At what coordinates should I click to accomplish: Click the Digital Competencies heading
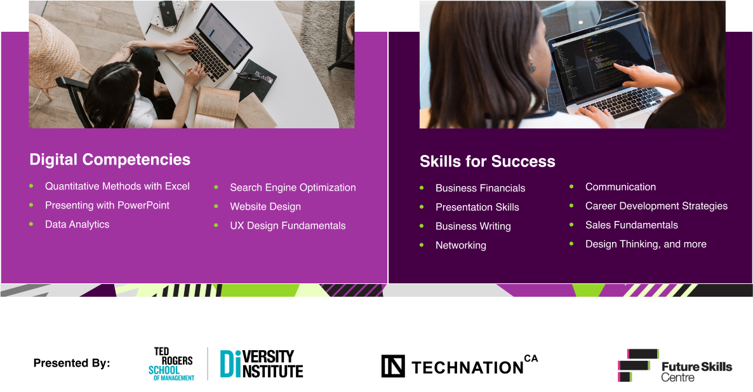point(110,159)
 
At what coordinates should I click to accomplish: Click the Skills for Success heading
point(487,161)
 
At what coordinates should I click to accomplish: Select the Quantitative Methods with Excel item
point(117,186)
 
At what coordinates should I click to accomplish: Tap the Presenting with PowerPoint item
point(107,205)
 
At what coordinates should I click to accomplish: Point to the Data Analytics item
point(77,224)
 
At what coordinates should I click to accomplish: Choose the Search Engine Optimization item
point(293,187)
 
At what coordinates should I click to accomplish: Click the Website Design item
point(265,206)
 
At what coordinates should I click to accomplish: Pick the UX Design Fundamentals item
point(288,226)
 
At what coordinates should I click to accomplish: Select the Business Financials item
point(480,188)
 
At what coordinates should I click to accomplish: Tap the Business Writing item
point(473,226)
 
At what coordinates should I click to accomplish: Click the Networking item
point(460,245)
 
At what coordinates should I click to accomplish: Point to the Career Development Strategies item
point(656,206)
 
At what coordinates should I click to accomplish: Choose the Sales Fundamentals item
point(631,225)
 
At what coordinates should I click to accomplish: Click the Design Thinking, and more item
point(646,244)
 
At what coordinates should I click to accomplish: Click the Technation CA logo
point(460,366)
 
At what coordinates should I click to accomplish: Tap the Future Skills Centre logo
point(674,366)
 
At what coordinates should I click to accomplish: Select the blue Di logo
point(230,363)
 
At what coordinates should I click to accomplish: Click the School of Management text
point(170,373)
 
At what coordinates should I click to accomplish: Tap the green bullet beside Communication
point(571,186)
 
